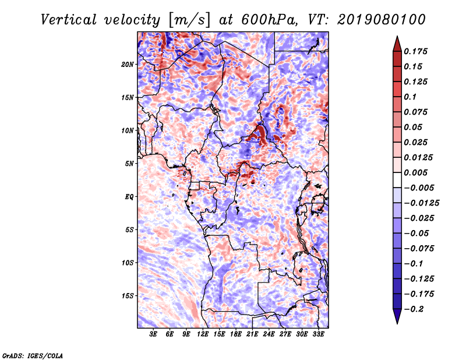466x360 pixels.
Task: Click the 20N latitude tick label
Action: [128, 64]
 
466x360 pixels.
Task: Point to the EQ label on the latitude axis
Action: [129, 197]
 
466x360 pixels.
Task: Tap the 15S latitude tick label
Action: [128, 296]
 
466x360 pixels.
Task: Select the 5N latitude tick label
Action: [129, 164]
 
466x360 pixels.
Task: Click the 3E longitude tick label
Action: [154, 335]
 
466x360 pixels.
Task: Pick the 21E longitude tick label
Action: [253, 335]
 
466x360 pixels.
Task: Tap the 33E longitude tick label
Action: [319, 335]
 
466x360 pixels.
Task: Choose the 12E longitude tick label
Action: [203, 335]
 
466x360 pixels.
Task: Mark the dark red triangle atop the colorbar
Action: [396, 43]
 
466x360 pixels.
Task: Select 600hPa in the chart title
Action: [264, 19]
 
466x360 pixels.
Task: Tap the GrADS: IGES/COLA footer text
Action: [33, 354]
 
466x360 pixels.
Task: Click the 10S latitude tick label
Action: [128, 263]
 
